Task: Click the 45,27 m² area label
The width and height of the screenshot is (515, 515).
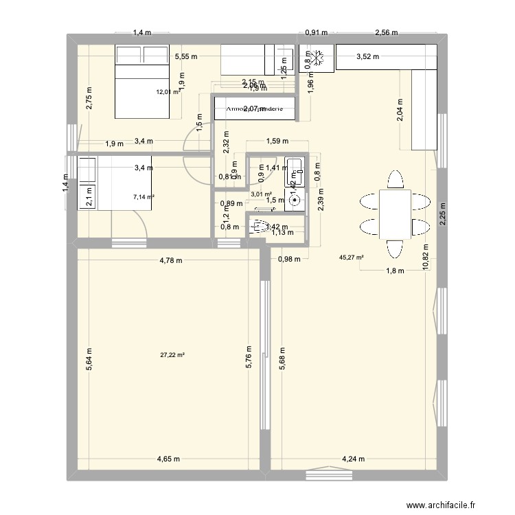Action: pyautogui.click(x=351, y=258)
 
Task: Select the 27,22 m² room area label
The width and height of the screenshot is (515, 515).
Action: pyautogui.click(x=172, y=355)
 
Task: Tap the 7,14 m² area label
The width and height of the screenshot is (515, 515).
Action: pyautogui.click(x=144, y=197)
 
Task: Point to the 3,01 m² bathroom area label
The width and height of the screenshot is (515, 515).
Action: pyautogui.click(x=261, y=194)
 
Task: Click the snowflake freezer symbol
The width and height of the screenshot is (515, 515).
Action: pyautogui.click(x=317, y=58)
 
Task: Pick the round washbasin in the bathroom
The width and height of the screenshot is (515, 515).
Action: pyautogui.click(x=295, y=200)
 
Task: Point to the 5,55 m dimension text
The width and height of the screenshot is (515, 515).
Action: pyautogui.click(x=186, y=58)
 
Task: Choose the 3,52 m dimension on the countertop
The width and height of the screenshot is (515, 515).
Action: pyautogui.click(x=369, y=58)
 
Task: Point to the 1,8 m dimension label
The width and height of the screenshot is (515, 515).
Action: pyautogui.click(x=394, y=271)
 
